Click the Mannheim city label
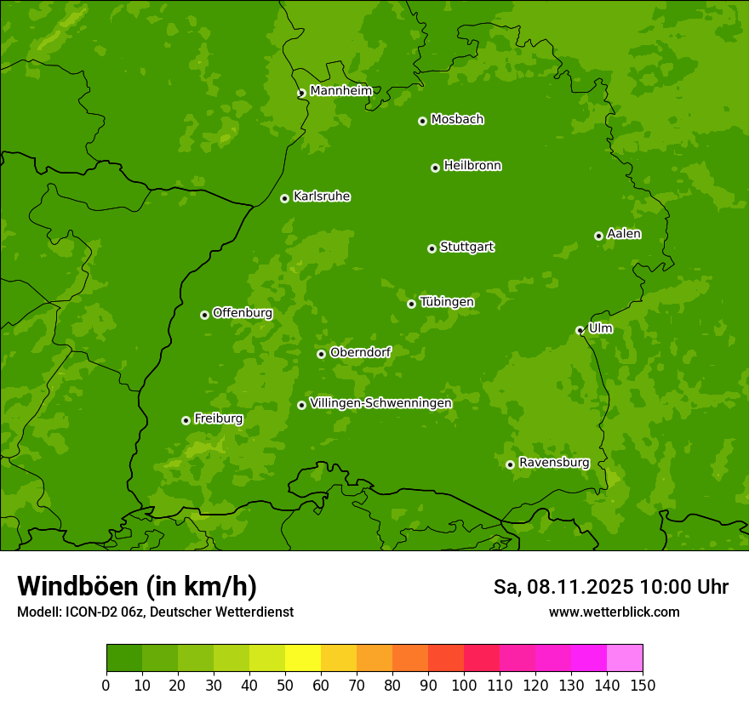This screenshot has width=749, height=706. [340, 91]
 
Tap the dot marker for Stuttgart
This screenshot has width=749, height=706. [432, 248]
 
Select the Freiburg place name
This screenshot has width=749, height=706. [219, 418]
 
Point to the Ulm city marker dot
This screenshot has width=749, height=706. [580, 330]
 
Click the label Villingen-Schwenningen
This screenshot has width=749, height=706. [380, 403]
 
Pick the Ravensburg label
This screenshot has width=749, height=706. [553, 463]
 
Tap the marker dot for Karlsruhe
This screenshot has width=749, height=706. [284, 198]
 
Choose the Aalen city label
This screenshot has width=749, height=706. [624, 234]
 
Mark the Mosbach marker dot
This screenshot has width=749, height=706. [422, 121]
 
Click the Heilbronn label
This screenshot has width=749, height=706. [472, 166]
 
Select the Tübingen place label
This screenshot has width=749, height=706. [447, 302]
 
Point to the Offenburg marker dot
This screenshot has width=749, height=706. [204, 315]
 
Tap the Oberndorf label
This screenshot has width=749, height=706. [360, 352]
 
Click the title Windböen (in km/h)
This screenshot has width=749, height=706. [136, 586]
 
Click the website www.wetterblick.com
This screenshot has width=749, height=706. [614, 612]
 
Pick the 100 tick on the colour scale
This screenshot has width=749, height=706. [464, 684]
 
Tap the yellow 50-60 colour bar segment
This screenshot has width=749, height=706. [303, 658]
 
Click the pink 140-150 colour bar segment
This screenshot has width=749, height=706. [625, 658]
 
